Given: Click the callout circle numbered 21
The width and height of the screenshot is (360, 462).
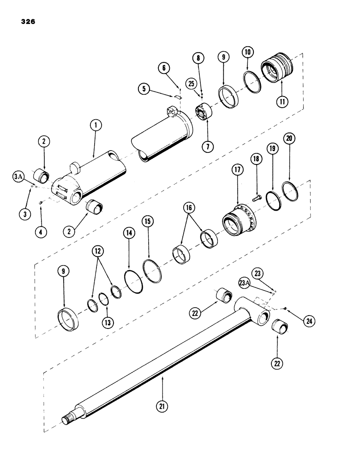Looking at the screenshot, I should click(162, 407).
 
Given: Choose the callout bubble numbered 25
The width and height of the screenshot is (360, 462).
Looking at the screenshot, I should click(192, 84).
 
